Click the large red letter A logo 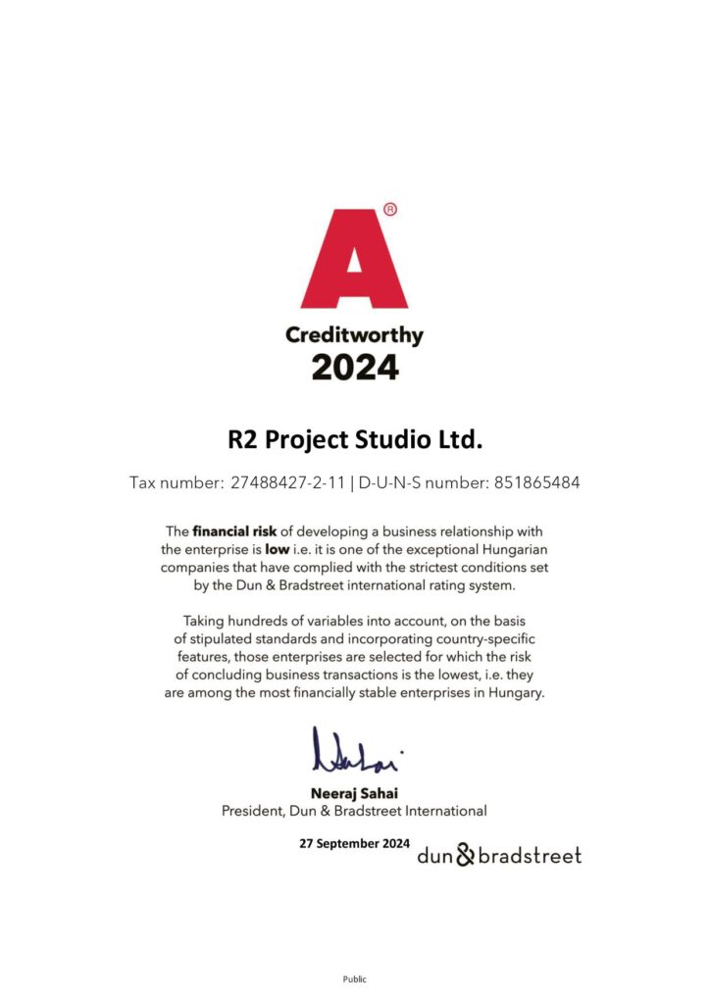[354, 260]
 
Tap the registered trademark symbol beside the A [389, 209]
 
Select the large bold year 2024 [355, 368]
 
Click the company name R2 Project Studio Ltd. [355, 439]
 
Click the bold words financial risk [234, 531]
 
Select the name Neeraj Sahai [354, 793]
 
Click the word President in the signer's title [255, 811]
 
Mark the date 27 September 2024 [354, 843]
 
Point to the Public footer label [354, 979]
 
